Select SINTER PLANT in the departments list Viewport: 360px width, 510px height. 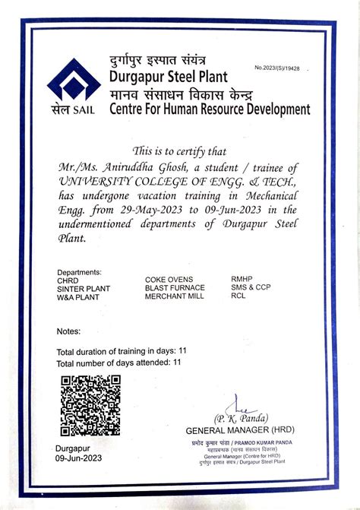coord(84,289)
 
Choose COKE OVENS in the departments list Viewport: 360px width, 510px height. coord(169,280)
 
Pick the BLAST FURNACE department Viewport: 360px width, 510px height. coord(175,288)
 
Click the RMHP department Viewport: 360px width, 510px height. coord(242,280)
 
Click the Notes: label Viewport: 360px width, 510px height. coord(68,331)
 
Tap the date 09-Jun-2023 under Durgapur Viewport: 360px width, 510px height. coord(78,459)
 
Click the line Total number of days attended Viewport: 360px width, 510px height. coord(119,363)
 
